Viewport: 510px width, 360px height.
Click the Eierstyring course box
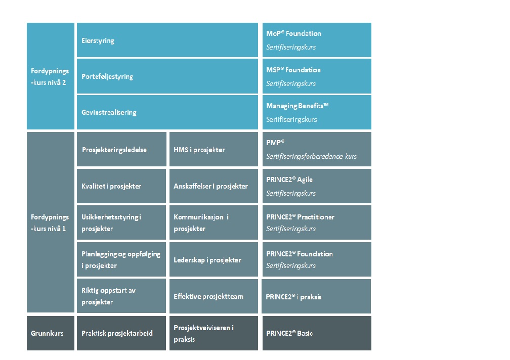[167, 40]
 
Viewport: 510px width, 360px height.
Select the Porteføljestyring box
[167, 76]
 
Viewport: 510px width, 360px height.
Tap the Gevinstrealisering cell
[167, 112]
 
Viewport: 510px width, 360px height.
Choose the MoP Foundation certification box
[317, 40]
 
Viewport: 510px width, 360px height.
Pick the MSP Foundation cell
[317, 76]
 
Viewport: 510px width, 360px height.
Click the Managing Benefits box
[317, 112]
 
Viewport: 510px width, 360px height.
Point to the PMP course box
[317, 149]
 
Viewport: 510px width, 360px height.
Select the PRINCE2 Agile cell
[317, 186]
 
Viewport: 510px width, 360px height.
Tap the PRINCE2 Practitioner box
[317, 222]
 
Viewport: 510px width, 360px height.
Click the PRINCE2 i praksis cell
[316, 296]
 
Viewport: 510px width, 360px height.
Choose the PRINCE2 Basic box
[317, 333]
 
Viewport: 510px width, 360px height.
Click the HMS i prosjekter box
[214, 149]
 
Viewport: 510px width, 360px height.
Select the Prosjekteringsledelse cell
[121, 149]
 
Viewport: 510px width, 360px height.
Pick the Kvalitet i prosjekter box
[121, 186]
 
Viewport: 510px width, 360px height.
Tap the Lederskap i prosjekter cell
[214, 259]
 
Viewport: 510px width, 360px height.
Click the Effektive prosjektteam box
[214, 296]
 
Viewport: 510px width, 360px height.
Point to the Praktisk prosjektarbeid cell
[121, 333]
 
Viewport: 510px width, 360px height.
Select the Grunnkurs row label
[51, 333]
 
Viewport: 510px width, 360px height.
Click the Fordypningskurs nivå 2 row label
[51, 76]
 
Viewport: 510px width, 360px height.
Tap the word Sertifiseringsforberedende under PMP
[305, 157]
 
